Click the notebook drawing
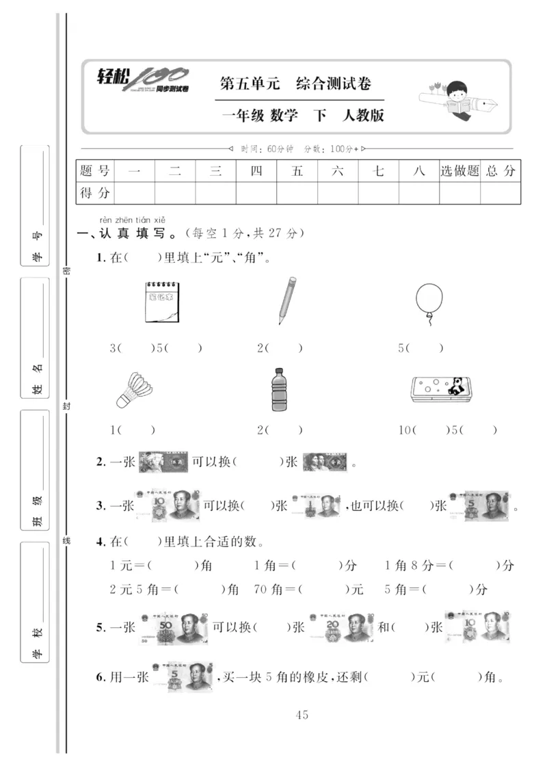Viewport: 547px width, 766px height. [x=162, y=302]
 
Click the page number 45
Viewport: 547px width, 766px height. [x=302, y=715]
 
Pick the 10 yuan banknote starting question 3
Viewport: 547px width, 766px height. [x=169, y=506]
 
